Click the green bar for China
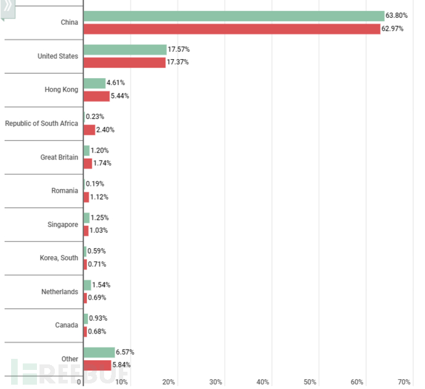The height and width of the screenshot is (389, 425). pos(233,16)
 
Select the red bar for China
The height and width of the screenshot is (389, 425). pos(232,29)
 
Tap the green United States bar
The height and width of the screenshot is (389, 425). pos(125,49)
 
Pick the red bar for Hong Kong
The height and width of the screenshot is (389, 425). pos(97,96)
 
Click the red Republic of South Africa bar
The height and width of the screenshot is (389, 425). pos(89,130)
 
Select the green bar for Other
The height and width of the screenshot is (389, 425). pos(99,352)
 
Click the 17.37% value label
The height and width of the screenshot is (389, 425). pos(178,62)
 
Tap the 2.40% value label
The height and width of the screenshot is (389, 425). pos(105,130)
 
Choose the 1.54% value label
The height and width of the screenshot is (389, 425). pos(101,285)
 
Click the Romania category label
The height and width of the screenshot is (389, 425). pos(65,191)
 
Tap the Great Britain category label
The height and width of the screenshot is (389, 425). pos(59,157)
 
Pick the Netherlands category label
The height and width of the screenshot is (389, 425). pos(60,291)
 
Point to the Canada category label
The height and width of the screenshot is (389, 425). pos(67,325)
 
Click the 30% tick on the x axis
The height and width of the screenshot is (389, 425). pos(216,382)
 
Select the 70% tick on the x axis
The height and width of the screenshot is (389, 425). pos(404,382)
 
